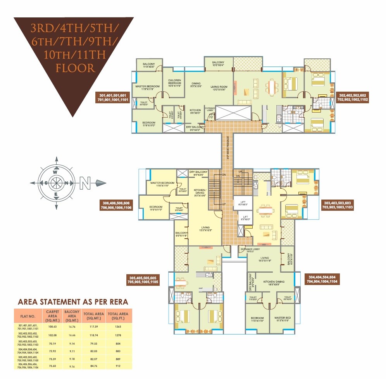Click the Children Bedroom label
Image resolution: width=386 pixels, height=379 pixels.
tap(174, 83)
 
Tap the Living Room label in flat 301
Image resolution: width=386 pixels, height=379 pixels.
tap(219, 88)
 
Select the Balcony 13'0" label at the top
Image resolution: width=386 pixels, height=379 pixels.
tap(218, 64)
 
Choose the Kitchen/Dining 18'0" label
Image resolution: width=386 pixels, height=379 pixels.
tap(274, 283)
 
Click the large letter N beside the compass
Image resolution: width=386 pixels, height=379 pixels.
tap(85, 183)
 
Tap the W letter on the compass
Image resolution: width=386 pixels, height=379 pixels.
tap(56, 172)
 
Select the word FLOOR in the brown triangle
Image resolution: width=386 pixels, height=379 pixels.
tap(75, 68)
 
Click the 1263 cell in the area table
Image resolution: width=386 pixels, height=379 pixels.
tap(119, 327)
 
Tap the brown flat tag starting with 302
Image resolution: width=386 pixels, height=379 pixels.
tap(353, 97)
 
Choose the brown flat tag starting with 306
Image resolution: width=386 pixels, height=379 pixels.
tap(116, 205)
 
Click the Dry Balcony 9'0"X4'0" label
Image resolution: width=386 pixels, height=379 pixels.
tap(195, 128)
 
